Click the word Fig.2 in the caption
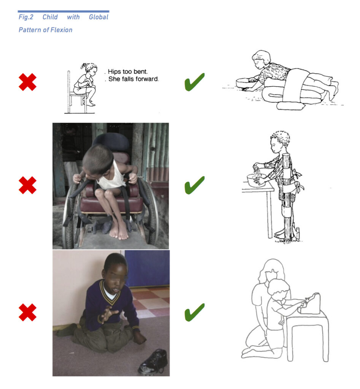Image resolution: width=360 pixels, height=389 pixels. point(26,17)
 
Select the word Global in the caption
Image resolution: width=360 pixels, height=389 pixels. point(98,17)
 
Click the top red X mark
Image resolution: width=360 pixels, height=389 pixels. point(27,82)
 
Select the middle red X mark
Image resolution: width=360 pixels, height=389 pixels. point(27,185)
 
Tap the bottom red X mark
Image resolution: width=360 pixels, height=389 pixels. point(27,312)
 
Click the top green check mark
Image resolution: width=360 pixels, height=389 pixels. point(194,82)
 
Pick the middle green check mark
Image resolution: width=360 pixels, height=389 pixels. point(194,185)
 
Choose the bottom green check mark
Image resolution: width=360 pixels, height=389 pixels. point(194,312)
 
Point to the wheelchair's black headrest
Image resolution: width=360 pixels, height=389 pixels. point(111,142)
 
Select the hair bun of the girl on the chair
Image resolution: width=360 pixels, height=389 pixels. point(83,66)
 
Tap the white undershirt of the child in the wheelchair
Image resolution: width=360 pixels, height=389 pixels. point(112,176)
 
